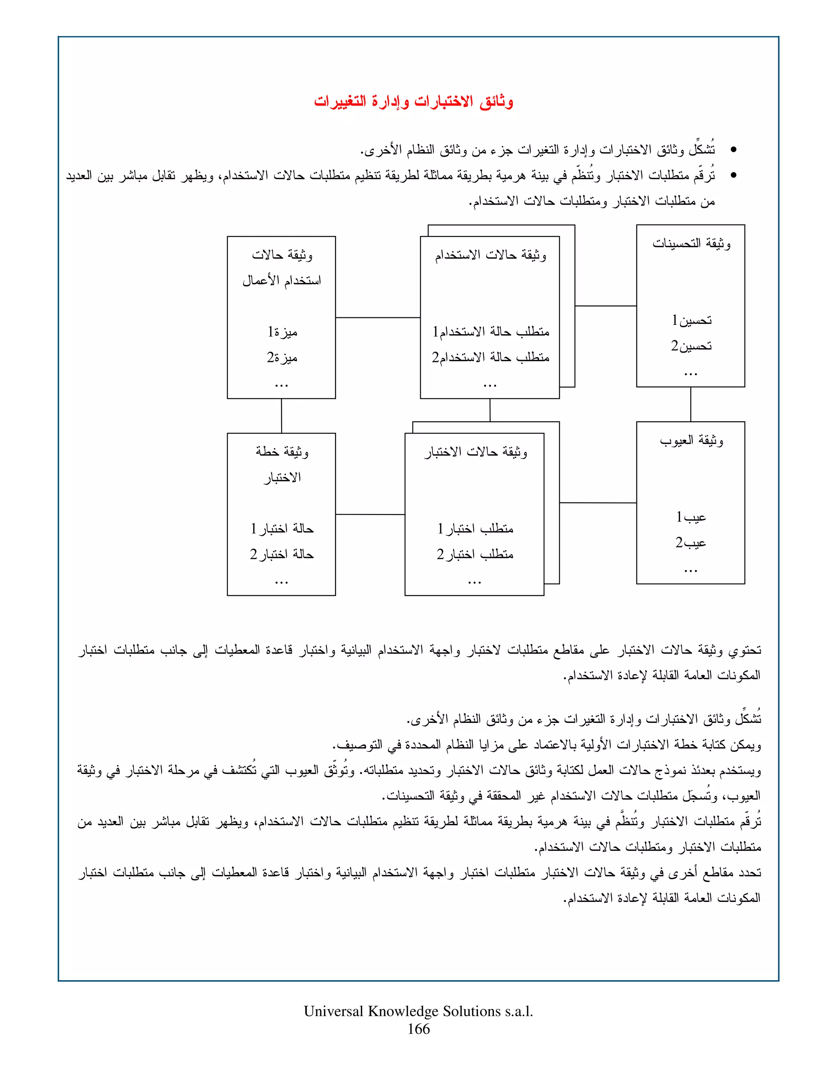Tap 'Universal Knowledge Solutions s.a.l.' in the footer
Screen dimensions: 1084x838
click(419, 1012)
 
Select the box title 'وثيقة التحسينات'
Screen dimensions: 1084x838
click(691, 244)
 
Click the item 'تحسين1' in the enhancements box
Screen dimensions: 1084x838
click(691, 321)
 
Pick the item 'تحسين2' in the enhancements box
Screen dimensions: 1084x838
click(691, 346)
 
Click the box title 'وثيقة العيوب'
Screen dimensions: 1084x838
click(691, 441)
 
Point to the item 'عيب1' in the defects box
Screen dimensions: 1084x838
click(691, 517)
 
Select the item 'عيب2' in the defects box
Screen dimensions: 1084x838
click(691, 543)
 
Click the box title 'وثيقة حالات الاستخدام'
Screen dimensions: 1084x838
click(491, 255)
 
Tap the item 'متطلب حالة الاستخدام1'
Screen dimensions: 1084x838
click(491, 332)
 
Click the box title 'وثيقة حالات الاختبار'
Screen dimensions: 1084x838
click(475, 452)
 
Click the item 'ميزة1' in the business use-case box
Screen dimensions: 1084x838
click(282, 332)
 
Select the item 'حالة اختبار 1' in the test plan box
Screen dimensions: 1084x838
click(282, 529)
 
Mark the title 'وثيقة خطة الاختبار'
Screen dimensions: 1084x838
click(282, 464)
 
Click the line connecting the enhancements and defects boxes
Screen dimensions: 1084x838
click(691, 404)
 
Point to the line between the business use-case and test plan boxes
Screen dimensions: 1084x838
click(282, 416)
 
